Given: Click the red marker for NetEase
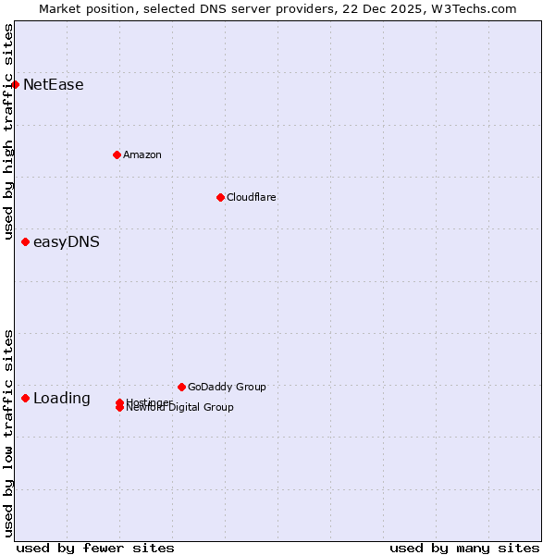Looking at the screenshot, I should tap(15, 84).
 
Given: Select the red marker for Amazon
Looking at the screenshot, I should tap(117, 154).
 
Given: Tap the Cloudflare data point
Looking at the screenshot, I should tap(220, 197).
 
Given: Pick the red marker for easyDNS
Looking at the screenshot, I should tap(25, 242).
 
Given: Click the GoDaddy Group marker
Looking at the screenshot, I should tap(181, 387).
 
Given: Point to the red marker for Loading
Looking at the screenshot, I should tap(25, 399).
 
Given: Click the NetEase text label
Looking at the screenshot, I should tap(54, 85).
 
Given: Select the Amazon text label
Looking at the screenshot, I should tap(142, 154).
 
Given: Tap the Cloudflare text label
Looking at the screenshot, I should tap(252, 197).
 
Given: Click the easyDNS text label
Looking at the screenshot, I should tap(67, 242).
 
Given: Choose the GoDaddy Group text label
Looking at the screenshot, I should tap(227, 387).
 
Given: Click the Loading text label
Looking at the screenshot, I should tap(62, 399).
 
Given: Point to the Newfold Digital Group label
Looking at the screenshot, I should tap(181, 408).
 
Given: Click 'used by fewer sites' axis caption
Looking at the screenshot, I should tap(95, 548).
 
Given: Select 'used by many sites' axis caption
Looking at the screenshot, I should tap(464, 548).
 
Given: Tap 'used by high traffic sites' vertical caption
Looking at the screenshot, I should tap(9, 131).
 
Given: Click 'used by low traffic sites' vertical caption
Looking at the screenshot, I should tap(9, 433).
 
